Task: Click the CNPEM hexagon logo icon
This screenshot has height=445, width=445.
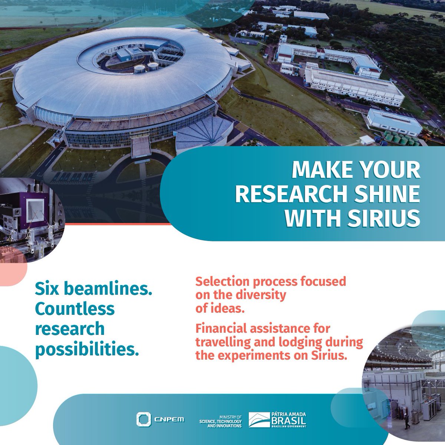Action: pos(142,419)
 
